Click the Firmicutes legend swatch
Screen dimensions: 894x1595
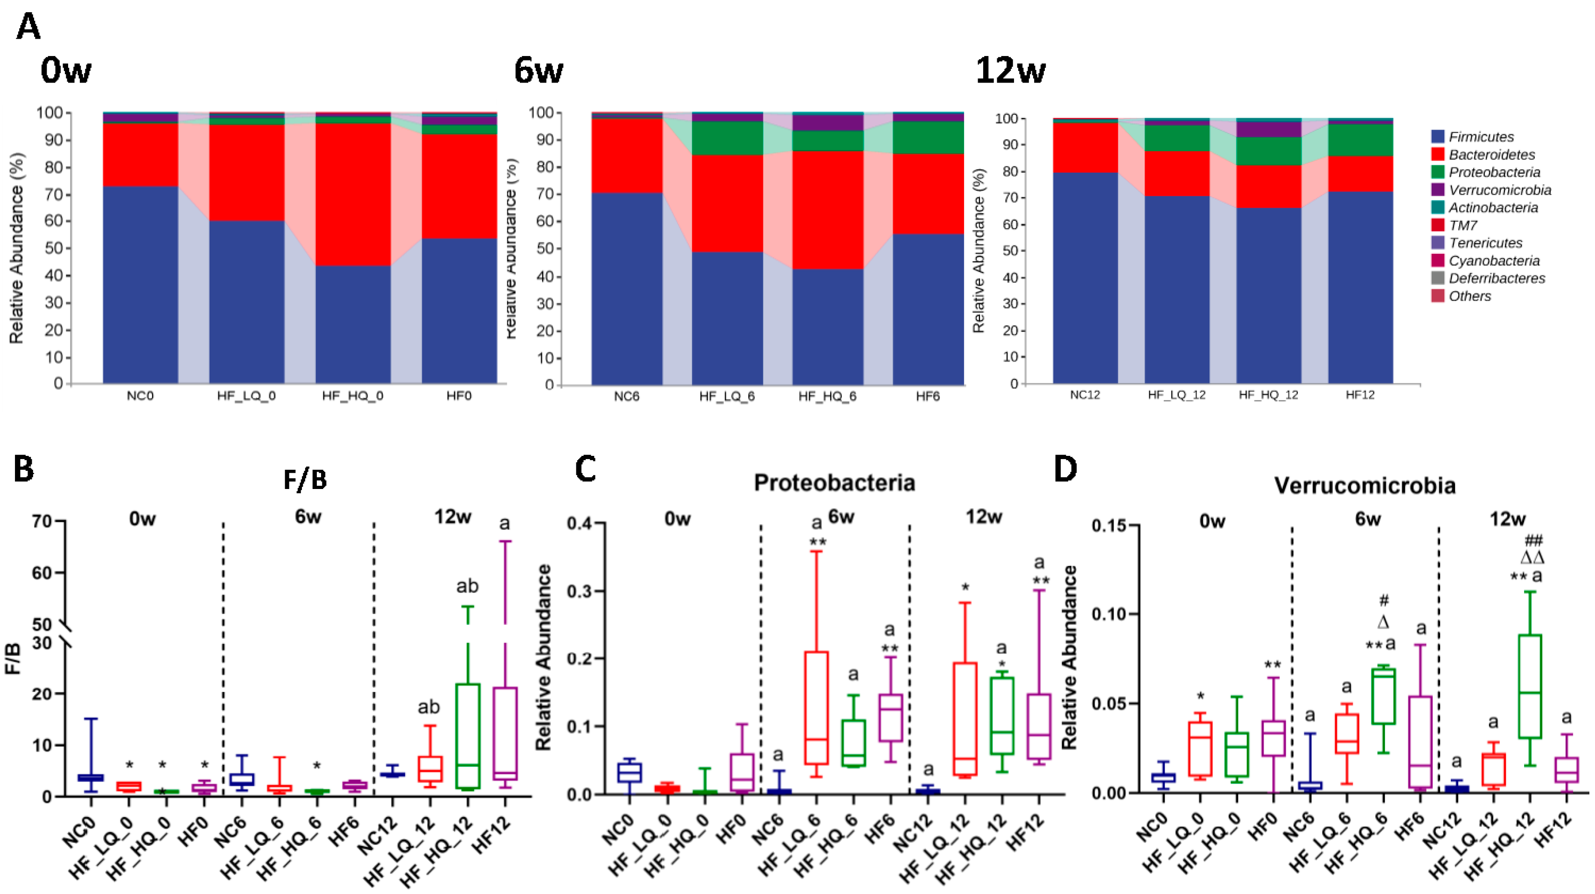[1438, 137]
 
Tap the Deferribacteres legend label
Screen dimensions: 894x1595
[1497, 279]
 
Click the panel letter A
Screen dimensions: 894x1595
[28, 27]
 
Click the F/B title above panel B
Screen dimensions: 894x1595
[305, 480]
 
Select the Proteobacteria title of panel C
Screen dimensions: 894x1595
[834, 483]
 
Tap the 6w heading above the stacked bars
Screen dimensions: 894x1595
[538, 70]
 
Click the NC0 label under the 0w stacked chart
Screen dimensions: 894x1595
[140, 396]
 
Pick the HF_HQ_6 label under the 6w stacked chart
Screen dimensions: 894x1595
[827, 396]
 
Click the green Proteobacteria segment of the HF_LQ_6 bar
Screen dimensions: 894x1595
[727, 138]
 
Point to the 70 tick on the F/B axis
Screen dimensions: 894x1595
[42, 521]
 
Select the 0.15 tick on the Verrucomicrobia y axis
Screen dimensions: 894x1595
[1108, 526]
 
